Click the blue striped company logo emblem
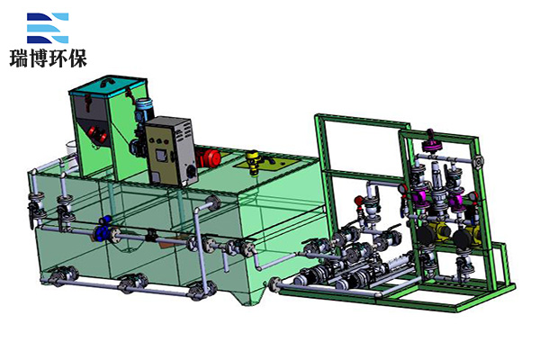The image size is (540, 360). (x=48, y=28)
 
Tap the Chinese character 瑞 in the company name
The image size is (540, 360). (x=19, y=58)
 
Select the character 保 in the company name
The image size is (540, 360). (x=77, y=58)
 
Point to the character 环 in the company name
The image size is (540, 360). (x=58, y=58)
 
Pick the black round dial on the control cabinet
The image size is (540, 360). (x=191, y=170)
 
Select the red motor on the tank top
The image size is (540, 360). (x=209, y=157)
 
